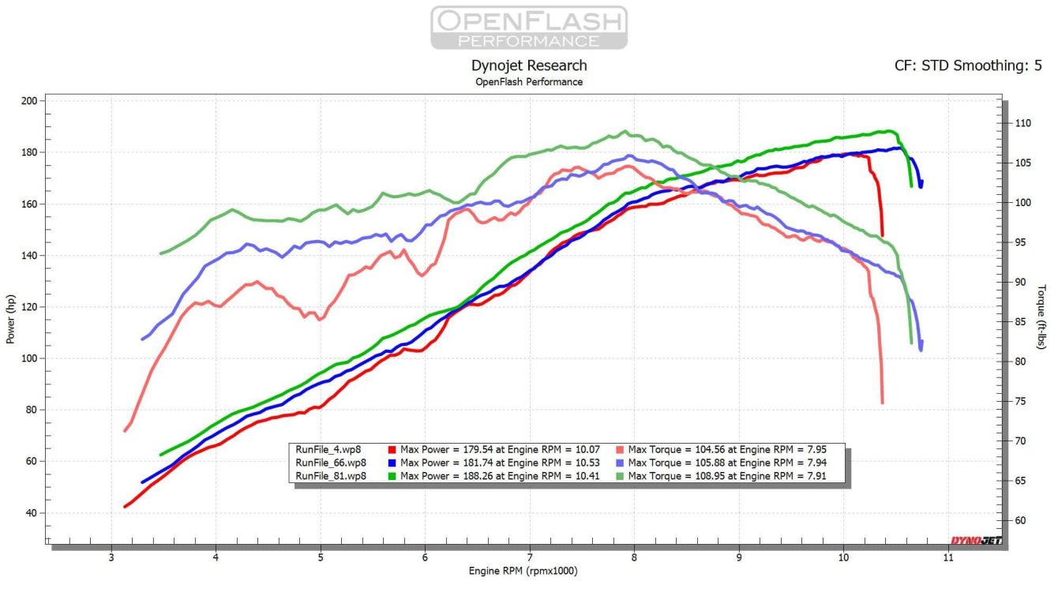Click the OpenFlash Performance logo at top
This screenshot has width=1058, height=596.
tap(529, 28)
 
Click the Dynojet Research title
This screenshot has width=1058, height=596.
tap(529, 66)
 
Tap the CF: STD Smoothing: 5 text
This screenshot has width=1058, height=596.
tap(968, 66)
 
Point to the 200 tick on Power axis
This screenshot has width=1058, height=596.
tap(29, 101)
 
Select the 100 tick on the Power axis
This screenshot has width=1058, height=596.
tap(29, 358)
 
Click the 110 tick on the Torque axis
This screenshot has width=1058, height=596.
tap(1024, 123)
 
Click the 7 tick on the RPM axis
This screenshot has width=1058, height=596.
tap(530, 557)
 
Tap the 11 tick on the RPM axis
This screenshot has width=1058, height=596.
tap(948, 557)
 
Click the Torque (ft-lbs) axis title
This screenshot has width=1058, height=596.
tap(1042, 317)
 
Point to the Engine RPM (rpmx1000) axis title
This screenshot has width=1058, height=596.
tap(529, 571)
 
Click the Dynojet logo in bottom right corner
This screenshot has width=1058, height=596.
tap(974, 541)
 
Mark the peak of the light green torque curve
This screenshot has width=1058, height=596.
tap(625, 132)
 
